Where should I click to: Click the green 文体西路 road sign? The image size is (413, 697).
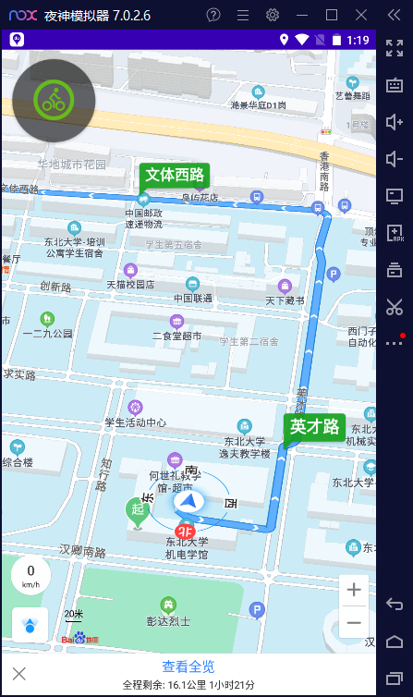point(175,175)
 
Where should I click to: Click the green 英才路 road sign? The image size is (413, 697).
point(315,426)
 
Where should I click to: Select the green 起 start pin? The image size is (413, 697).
point(137,511)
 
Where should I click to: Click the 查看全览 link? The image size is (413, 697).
point(188,666)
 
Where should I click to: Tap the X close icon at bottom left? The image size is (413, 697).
point(18,673)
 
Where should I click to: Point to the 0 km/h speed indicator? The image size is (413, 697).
point(30,575)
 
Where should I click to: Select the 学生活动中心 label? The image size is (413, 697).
point(135,422)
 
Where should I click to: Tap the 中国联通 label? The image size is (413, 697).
point(193,299)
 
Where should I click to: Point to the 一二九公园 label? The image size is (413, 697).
point(47,333)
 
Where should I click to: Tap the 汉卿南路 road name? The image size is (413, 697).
point(83,552)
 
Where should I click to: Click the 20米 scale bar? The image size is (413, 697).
point(73,616)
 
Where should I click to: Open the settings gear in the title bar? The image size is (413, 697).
point(272,14)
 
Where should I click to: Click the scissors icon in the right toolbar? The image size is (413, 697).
point(395,306)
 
